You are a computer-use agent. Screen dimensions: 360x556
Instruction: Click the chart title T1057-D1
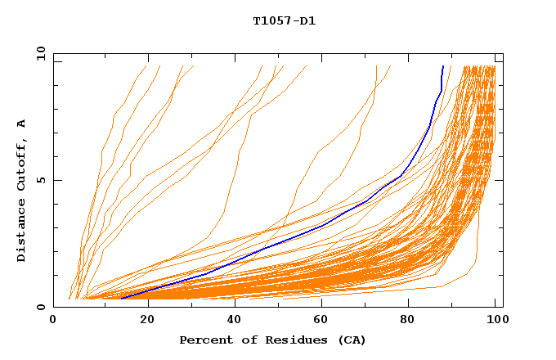click(284, 21)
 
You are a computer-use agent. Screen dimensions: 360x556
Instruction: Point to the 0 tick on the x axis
click(53, 321)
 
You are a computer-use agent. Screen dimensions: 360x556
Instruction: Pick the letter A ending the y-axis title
click(22, 123)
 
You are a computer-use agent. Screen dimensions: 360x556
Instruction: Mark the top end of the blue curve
click(442, 66)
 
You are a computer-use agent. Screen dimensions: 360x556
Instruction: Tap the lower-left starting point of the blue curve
click(121, 299)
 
